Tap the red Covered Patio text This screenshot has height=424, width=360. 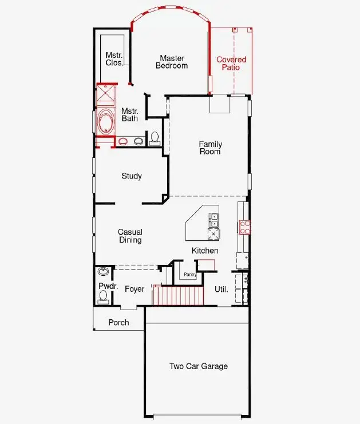click(x=231, y=64)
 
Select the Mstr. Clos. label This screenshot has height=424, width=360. click(x=114, y=59)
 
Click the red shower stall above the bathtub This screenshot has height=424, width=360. click(x=105, y=95)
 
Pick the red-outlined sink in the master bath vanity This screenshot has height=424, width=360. click(x=122, y=141)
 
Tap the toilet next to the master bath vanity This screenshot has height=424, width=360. click(x=154, y=138)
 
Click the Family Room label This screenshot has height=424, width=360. click(x=210, y=148)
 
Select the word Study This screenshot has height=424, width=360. click(x=132, y=176)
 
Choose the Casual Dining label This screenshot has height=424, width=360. click(x=130, y=236)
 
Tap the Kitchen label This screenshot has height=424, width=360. click(x=205, y=251)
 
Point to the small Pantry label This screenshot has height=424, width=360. click(x=190, y=275)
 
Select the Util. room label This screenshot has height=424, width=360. click(x=221, y=290)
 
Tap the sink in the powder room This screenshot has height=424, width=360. click(x=104, y=272)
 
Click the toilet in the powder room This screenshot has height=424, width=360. click(x=103, y=296)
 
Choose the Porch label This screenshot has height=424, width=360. click(x=119, y=323)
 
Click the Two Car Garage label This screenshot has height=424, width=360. click(x=198, y=366)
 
